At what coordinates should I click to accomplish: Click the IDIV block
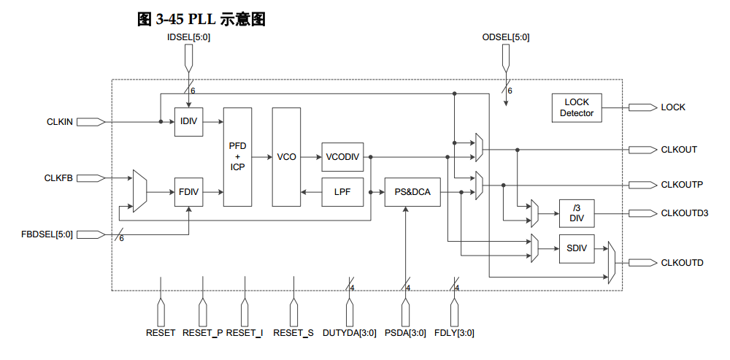click(x=189, y=121)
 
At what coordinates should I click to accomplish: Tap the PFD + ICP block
click(x=237, y=156)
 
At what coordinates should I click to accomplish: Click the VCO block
click(x=286, y=156)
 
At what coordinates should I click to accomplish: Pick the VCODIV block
click(x=342, y=157)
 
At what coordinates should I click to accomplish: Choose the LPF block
click(x=342, y=192)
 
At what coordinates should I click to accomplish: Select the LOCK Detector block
click(x=577, y=108)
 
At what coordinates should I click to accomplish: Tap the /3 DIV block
click(x=577, y=213)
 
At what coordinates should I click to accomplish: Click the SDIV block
click(x=577, y=248)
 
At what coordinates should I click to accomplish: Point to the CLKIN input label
click(x=59, y=122)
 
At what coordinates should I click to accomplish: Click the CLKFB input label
click(x=58, y=177)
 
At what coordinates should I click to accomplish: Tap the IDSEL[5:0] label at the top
click(x=189, y=37)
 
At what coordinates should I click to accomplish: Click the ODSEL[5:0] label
click(x=506, y=37)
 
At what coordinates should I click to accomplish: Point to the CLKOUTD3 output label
click(x=684, y=213)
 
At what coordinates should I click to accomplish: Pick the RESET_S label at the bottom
click(x=293, y=333)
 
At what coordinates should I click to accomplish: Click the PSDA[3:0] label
click(x=405, y=333)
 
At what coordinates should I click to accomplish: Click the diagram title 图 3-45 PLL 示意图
click(x=201, y=19)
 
